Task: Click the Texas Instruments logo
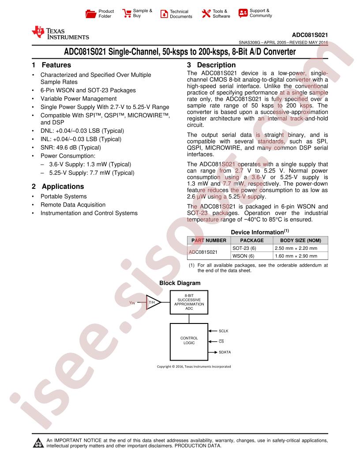click(60, 33)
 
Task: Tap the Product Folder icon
click(90, 14)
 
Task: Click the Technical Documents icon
click(164, 14)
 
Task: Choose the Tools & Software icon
click(206, 14)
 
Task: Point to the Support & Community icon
click(243, 13)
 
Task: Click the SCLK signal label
click(224, 331)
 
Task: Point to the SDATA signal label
click(225, 352)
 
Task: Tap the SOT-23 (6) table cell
click(244, 248)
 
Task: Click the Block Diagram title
click(180, 283)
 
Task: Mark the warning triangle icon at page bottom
click(38, 443)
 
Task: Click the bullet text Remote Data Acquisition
click(73, 205)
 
